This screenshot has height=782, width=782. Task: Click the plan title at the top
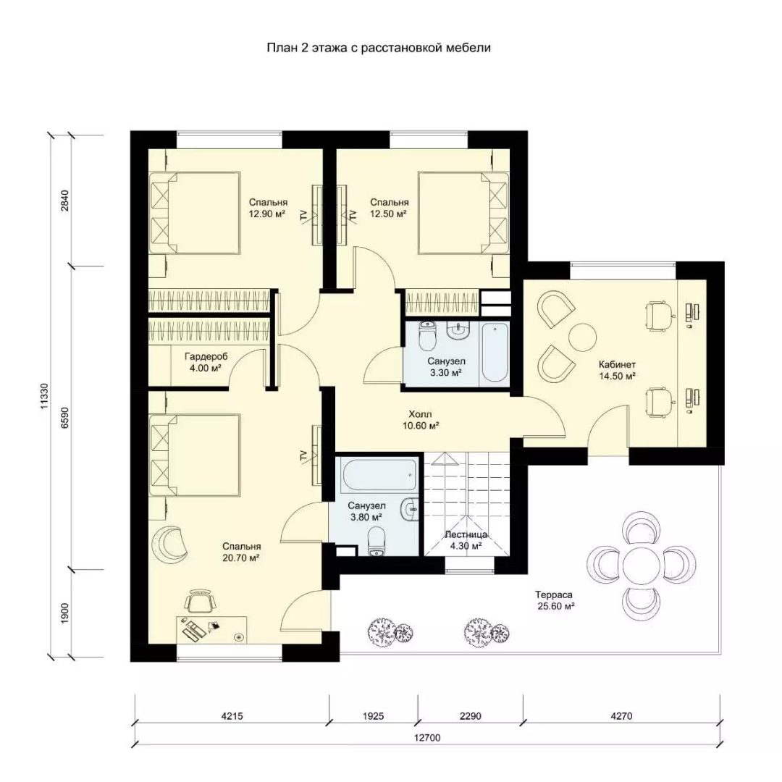(x=379, y=48)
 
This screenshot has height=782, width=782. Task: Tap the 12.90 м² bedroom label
(x=268, y=208)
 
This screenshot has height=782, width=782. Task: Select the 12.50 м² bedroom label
(x=389, y=208)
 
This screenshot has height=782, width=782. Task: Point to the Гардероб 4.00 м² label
(x=206, y=363)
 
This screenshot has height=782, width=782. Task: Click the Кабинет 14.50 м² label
(x=618, y=371)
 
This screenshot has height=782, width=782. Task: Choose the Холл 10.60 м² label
(x=421, y=420)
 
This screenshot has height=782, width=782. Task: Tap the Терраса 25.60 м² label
(x=555, y=600)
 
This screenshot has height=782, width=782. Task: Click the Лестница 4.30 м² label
(x=466, y=540)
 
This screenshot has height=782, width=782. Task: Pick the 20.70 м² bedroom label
(x=241, y=552)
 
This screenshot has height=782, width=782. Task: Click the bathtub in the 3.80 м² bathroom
(x=379, y=475)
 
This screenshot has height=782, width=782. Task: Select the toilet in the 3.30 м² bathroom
(x=427, y=336)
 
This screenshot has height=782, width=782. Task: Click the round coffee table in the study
(x=582, y=337)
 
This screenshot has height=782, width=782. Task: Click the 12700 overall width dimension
(x=427, y=738)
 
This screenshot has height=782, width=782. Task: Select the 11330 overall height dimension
(x=45, y=397)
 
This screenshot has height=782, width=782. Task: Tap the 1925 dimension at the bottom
(x=373, y=716)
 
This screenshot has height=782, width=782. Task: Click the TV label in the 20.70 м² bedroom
(x=303, y=455)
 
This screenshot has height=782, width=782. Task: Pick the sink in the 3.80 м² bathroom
(x=411, y=509)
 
